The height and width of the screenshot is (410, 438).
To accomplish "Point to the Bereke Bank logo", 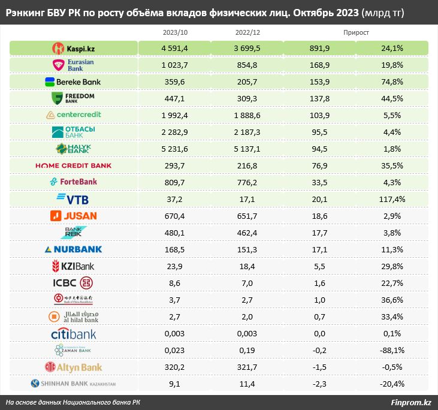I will (74, 82).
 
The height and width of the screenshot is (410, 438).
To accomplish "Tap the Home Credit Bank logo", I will (74, 165).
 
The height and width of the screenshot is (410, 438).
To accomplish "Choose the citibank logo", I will (74, 333).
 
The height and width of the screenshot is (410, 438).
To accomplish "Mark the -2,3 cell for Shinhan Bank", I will (319, 384).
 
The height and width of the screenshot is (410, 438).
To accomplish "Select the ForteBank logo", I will (74, 182).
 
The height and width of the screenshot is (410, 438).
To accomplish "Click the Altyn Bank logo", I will (74, 367).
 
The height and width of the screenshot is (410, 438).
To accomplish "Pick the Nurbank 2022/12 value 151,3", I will (247, 249).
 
